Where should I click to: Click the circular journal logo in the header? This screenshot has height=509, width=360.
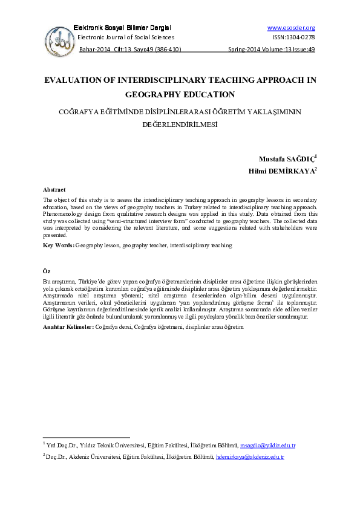[60, 41]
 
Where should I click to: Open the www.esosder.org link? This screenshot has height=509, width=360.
[290, 28]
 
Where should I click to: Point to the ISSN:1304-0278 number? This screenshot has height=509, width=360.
[293, 37]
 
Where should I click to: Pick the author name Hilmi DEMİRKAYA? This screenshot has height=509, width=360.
[285, 171]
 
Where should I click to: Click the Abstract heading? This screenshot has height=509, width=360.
[54, 190]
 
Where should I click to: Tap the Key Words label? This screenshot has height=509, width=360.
[59, 246]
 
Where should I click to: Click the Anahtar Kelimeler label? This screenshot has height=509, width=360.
[68, 326]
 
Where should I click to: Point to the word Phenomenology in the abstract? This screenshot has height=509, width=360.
[64, 213]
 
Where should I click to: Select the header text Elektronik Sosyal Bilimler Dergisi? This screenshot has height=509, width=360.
[122, 28]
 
